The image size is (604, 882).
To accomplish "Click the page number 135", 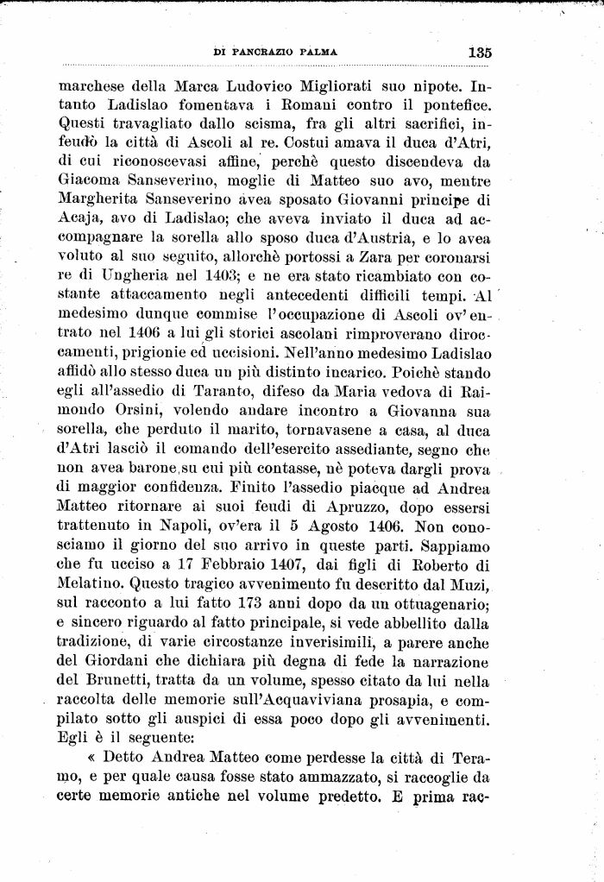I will click(x=480, y=52).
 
